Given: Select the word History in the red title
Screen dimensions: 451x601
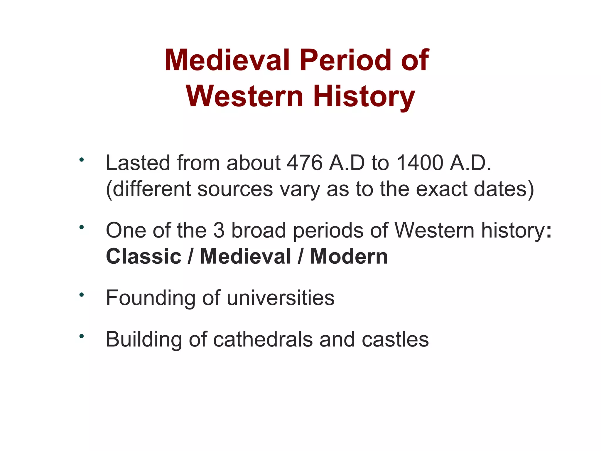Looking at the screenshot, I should point(364,97).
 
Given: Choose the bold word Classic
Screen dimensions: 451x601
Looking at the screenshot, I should point(144,256).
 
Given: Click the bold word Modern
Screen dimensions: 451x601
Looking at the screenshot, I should point(349,256).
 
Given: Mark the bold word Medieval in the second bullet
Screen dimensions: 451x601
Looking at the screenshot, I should point(246,256).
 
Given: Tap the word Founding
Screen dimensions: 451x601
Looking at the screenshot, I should point(151,298).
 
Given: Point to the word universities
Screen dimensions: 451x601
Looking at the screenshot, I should point(281,298).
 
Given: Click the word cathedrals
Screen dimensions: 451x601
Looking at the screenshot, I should point(263,339).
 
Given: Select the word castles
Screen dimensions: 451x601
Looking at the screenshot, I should point(395,339).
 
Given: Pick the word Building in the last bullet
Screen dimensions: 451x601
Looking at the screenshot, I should point(144,340).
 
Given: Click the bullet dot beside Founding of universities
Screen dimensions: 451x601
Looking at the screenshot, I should point(82,295).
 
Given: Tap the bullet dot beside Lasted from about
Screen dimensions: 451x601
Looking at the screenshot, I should point(82,160).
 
